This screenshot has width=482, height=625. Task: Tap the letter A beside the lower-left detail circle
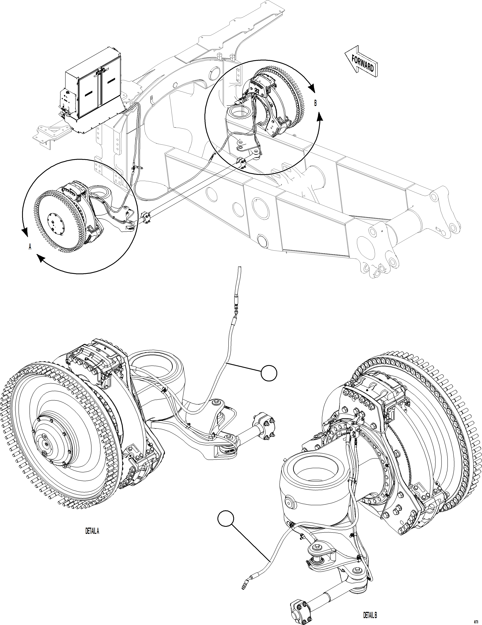coord(30,247)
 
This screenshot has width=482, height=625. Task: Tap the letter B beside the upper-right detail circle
coord(315,103)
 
